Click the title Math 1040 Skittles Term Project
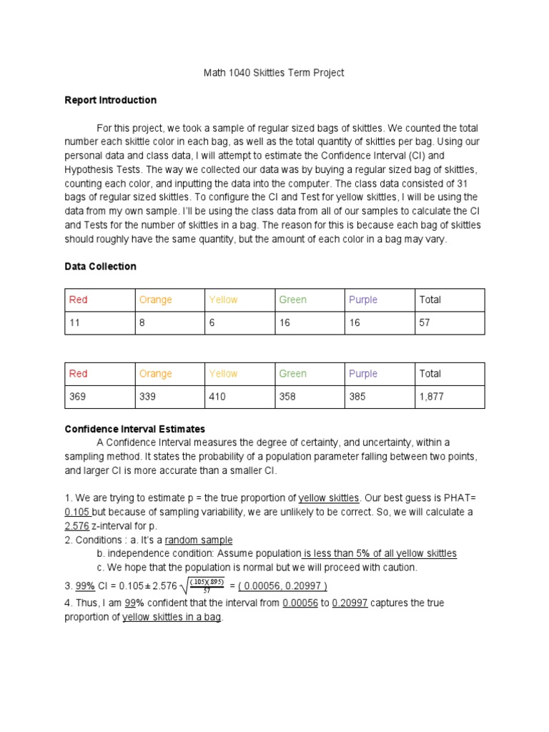click(x=274, y=72)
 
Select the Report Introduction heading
click(x=110, y=100)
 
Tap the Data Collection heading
click(x=100, y=266)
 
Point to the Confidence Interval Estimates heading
click(x=134, y=429)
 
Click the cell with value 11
click(x=74, y=323)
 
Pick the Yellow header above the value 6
click(x=223, y=300)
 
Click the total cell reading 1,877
click(x=431, y=397)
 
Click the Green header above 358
click(x=292, y=373)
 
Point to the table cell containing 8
click(x=142, y=323)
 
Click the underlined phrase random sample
click(x=199, y=540)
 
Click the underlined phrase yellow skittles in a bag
click(x=172, y=617)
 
